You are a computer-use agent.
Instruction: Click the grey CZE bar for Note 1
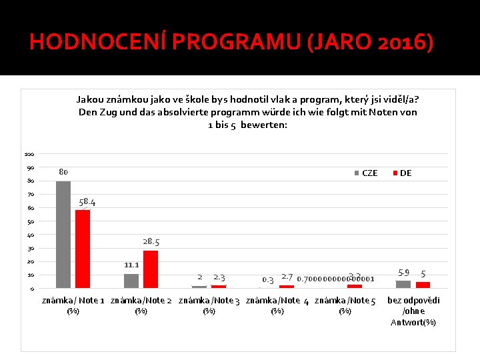click(63, 234)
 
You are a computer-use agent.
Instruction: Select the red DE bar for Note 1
click(83, 249)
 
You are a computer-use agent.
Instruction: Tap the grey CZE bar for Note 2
click(131, 281)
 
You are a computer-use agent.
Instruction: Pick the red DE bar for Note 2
click(151, 269)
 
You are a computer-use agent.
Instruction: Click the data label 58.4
click(87, 201)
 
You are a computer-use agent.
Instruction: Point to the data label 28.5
click(151, 242)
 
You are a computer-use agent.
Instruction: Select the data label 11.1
click(131, 265)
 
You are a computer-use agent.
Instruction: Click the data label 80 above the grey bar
click(63, 172)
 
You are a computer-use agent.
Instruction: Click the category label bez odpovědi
click(413, 301)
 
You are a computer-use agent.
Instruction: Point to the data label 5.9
click(403, 273)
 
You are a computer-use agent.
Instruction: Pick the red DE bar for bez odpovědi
click(423, 285)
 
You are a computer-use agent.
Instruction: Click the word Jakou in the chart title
click(91, 99)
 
